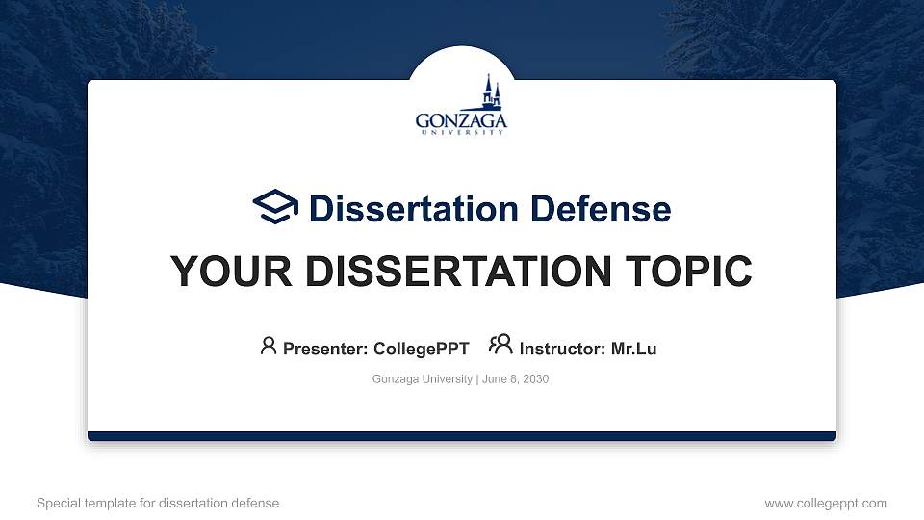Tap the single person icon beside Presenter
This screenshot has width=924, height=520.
[269, 346]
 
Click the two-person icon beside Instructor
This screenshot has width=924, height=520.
[500, 346]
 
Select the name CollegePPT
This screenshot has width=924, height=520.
[423, 349]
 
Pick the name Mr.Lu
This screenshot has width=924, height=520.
[633, 349]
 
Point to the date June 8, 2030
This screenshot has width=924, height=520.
[515, 379]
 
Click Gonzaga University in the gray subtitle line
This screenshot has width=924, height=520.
[422, 379]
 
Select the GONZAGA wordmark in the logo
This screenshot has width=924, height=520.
[461, 120]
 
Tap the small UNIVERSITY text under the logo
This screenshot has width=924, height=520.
[461, 133]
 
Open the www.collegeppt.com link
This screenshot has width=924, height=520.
[826, 503]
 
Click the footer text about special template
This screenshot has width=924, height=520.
[158, 503]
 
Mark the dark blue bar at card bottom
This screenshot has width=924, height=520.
[462, 436]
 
